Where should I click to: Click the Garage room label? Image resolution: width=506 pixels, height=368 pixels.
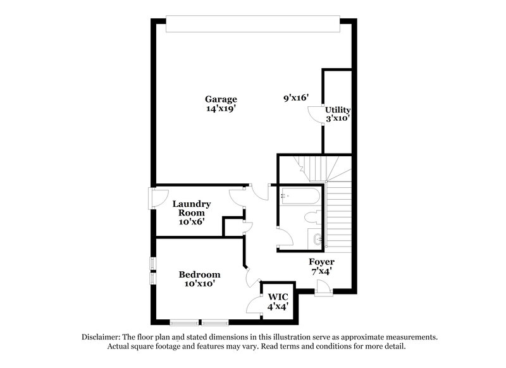click(x=221, y=99)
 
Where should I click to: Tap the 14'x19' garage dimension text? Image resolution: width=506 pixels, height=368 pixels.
click(x=221, y=109)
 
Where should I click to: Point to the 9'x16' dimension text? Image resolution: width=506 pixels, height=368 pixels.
click(x=296, y=97)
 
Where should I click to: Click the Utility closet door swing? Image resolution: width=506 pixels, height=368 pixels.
click(x=316, y=114)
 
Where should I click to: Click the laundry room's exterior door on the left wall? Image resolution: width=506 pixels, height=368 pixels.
click(x=152, y=198)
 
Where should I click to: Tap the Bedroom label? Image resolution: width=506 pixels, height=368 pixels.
click(x=199, y=274)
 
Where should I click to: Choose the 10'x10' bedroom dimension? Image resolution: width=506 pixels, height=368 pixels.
click(x=199, y=284)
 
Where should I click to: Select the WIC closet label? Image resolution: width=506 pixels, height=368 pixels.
click(x=278, y=297)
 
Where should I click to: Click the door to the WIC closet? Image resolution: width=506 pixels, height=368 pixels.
click(x=256, y=305)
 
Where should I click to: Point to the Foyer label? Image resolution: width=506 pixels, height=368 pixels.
click(x=321, y=262)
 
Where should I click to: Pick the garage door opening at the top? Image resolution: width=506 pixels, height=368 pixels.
click(x=252, y=24)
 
